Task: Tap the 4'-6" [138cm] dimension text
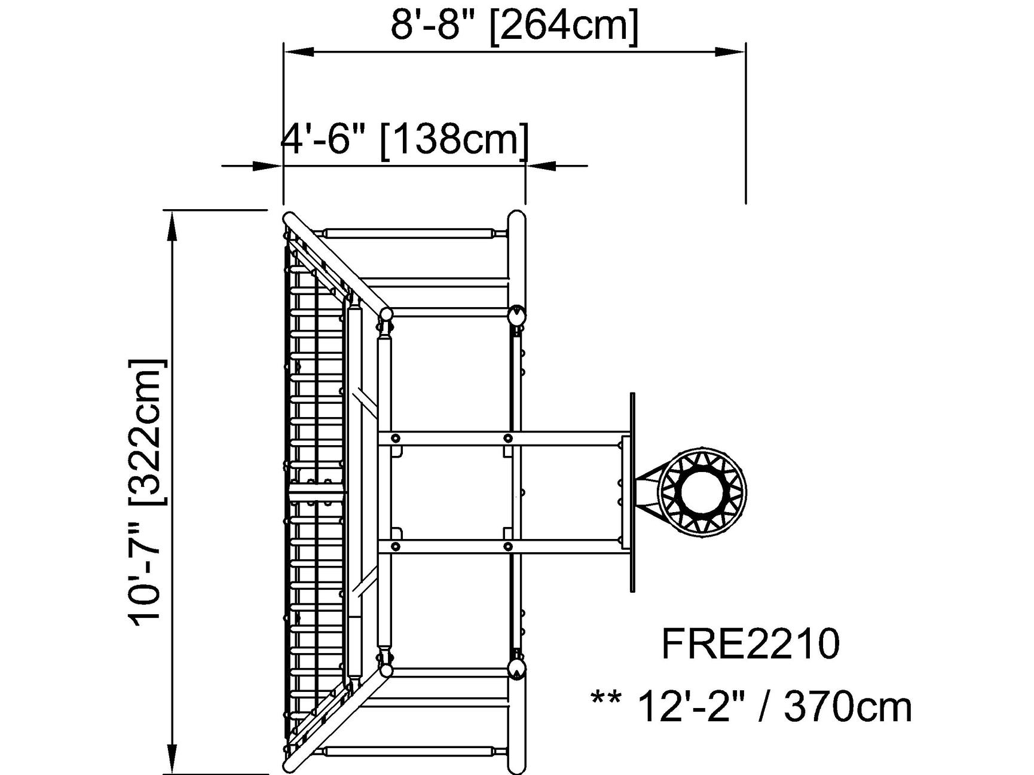pos(405,139)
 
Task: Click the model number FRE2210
pos(750,644)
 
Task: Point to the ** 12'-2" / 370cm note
pos(751,707)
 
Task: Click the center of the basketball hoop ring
pos(702,492)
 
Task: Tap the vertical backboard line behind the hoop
pos(632,492)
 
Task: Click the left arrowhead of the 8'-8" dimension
pos(299,52)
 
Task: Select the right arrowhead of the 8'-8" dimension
pos(730,52)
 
